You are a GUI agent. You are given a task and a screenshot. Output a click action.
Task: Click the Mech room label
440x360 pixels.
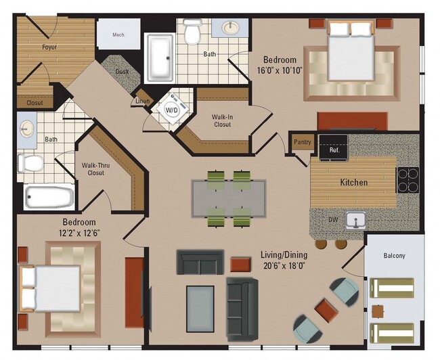pyautogui.click(x=118, y=35)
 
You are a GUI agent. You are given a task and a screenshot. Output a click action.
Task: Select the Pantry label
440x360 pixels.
pyautogui.click(x=302, y=143)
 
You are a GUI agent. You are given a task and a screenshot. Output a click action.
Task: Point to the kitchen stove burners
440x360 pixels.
pyautogui.click(x=408, y=181)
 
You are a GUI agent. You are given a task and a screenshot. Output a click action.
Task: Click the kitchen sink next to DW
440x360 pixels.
pyautogui.click(x=355, y=220)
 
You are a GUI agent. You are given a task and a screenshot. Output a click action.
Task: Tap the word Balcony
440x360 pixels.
pyautogui.click(x=394, y=256)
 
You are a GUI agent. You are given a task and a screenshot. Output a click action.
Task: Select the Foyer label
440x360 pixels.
pyautogui.click(x=49, y=47)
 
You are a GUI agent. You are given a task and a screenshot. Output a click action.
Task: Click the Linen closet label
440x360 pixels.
pyautogui.click(x=142, y=102)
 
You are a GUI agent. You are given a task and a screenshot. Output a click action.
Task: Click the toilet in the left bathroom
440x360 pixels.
pyautogui.click(x=30, y=163)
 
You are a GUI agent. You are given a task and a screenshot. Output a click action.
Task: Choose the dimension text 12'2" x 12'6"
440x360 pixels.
pyautogui.click(x=79, y=233)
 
